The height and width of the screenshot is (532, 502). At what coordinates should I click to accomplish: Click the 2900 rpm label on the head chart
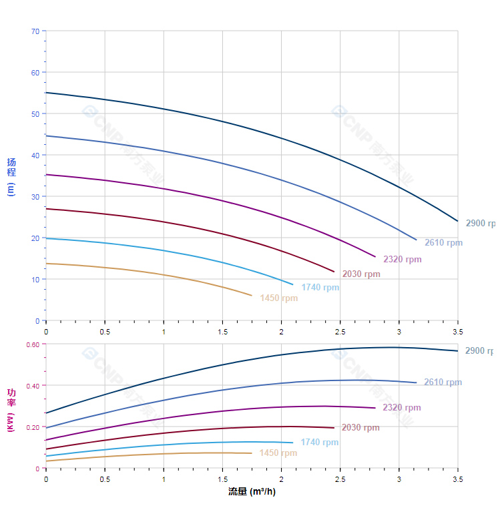[481, 224]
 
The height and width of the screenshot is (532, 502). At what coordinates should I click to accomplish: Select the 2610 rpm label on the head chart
[443, 243]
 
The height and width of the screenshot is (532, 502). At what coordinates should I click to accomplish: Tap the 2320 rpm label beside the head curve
[402, 260]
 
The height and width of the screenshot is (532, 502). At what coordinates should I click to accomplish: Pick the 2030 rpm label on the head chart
[361, 274]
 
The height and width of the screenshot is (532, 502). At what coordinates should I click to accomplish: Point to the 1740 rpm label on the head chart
[320, 288]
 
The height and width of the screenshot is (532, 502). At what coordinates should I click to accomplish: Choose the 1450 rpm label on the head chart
[279, 298]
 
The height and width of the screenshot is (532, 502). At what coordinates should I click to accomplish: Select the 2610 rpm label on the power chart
[443, 382]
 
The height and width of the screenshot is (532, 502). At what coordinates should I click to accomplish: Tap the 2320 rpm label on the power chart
[401, 408]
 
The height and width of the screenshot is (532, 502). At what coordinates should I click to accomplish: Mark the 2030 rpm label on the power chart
[360, 428]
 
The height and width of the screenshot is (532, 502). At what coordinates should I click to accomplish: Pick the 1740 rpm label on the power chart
[319, 443]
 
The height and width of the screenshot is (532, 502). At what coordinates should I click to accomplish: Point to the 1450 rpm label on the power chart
[278, 453]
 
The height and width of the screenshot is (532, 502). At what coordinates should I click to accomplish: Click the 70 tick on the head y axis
[35, 31]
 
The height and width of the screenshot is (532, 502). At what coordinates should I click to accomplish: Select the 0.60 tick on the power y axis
[33, 344]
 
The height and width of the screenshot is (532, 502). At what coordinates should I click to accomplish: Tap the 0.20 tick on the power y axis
[33, 427]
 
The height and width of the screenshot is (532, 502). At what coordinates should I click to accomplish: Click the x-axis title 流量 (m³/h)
[252, 492]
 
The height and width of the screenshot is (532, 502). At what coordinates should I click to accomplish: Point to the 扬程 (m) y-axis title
[11, 176]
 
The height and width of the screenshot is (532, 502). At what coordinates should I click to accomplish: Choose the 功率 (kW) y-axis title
[11, 410]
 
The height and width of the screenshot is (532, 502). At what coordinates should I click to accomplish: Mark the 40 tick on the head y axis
[35, 155]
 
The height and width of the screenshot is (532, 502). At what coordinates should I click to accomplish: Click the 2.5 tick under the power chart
[340, 480]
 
